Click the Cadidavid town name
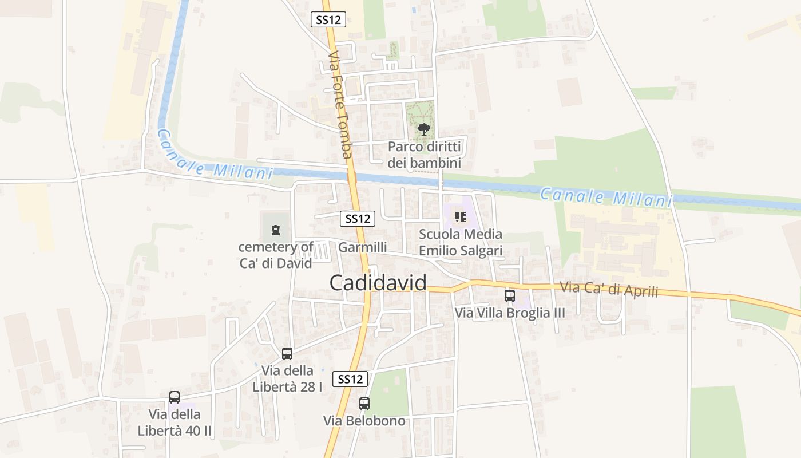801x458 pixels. [378, 283]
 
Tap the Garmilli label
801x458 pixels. [362, 247]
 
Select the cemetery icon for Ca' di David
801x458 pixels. [276, 230]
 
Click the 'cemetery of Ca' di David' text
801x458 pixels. [276, 255]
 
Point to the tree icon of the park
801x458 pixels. [423, 129]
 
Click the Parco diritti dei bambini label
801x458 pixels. [424, 155]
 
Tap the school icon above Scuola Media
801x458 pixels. [460, 217]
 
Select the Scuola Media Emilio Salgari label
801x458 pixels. [461, 242]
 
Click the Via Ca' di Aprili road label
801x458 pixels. [609, 289]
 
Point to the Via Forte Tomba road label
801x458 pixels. [340, 105]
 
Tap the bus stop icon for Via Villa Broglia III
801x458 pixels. [509, 296]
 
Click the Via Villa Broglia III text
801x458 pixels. [509, 313]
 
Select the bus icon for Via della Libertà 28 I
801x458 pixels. [287, 354]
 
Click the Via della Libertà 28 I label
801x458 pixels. [287, 378]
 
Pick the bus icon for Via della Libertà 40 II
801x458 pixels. [175, 397]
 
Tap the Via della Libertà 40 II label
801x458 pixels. [175, 422]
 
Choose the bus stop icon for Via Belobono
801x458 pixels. [364, 404]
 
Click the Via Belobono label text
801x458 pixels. [364, 421]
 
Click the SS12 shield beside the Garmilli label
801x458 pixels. [358, 218]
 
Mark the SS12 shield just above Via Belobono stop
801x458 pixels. [350, 379]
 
